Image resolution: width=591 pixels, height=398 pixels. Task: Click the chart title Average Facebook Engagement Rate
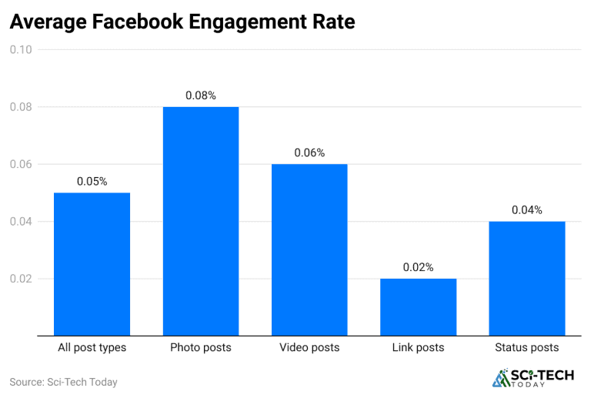coord(182,22)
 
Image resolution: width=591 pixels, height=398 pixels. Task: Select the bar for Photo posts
coord(201,221)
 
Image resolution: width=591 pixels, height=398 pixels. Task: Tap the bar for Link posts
coord(418,306)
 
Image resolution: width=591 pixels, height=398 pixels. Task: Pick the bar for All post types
coord(92,263)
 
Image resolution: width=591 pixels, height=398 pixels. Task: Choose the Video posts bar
coord(309,249)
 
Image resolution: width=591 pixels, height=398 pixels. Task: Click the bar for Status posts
coord(527,278)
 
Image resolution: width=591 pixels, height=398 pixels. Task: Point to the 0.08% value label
coord(201,95)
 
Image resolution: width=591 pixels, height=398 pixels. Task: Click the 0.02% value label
coord(418,267)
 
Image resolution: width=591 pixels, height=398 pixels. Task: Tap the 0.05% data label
coord(92,182)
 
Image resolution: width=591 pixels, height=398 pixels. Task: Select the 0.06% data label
coord(309,152)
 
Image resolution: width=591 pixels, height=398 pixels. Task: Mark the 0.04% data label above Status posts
coord(527,209)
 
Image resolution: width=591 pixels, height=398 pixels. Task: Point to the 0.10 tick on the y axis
coord(21,50)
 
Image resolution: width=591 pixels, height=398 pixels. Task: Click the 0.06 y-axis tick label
coord(21,165)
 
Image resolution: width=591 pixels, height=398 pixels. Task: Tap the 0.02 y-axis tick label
coord(21,279)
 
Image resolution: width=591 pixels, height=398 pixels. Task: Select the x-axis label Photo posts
coord(201,348)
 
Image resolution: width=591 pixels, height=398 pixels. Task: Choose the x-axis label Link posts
coord(418,348)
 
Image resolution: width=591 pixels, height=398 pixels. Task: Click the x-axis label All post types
coord(92,348)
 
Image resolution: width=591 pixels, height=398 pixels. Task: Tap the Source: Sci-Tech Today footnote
coord(63,382)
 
